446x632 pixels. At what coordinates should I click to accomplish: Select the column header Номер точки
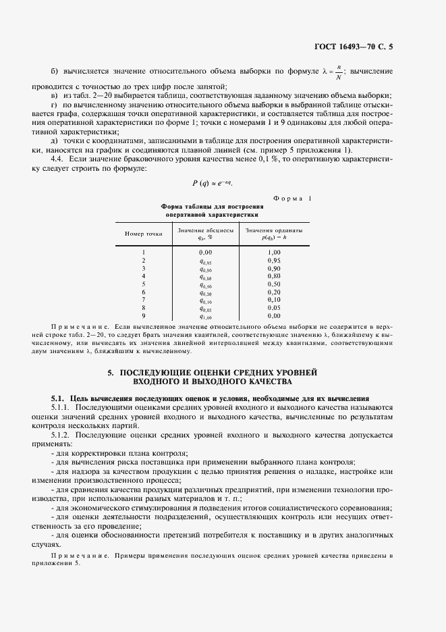143,234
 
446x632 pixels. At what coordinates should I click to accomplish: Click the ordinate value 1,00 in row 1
273,252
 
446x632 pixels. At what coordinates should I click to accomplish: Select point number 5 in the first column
143,284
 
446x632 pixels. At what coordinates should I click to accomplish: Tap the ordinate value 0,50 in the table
273,284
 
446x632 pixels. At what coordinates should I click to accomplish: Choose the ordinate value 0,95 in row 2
273,260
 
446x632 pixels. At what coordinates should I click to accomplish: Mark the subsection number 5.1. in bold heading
59,399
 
